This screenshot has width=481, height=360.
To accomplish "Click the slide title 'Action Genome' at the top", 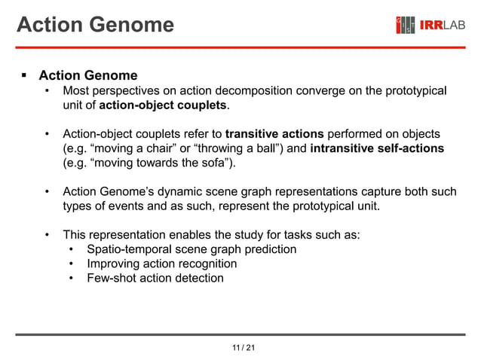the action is (x=95, y=25).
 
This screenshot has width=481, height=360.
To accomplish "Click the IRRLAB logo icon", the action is (x=406, y=26).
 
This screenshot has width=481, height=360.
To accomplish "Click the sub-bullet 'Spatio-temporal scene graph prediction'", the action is (x=191, y=249).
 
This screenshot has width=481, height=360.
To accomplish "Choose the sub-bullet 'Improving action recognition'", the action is (x=161, y=264).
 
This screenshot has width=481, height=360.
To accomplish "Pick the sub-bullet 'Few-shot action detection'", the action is (x=155, y=278).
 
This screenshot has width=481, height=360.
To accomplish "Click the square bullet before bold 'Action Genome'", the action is (x=23, y=75).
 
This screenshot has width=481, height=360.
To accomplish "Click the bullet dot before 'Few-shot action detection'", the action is (x=71, y=278).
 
